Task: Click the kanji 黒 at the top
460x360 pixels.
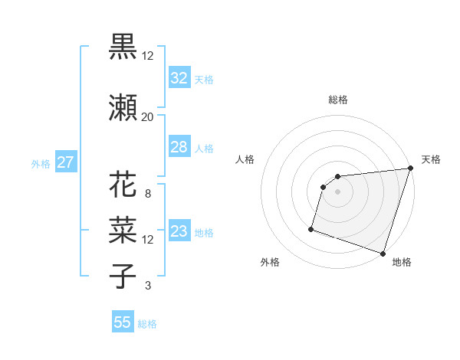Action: [123, 47]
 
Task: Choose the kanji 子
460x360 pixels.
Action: [123, 275]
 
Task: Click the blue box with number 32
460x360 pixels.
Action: [179, 78]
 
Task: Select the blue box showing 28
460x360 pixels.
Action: [179, 147]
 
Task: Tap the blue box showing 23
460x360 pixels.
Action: [179, 231]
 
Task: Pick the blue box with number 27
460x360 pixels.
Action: [65, 162]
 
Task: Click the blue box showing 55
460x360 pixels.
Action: [123, 322]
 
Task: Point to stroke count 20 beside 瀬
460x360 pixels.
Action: [147, 117]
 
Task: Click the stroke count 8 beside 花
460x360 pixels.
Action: [147, 194]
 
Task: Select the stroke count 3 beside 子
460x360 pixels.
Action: [147, 286]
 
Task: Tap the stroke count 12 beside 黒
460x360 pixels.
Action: [147, 57]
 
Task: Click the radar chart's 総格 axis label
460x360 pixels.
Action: [337, 100]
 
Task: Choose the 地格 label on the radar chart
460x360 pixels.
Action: [402, 262]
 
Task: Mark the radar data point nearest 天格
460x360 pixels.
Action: [410, 169]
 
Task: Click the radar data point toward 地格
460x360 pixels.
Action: [383, 253]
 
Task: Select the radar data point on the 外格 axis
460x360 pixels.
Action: [311, 228]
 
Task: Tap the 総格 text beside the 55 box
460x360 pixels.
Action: [147, 324]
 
